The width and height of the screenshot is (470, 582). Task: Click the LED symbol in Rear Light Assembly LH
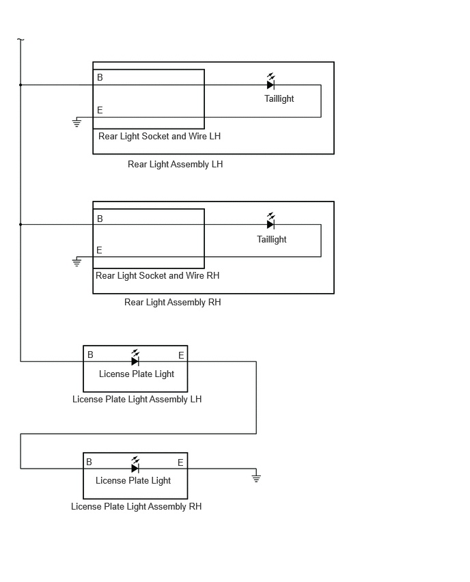271,82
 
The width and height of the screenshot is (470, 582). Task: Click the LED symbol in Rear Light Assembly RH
271,221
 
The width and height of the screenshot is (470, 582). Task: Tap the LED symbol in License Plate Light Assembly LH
135,358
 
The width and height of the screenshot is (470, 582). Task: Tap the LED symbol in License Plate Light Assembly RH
135,465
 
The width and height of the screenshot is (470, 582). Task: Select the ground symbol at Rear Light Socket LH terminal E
77,122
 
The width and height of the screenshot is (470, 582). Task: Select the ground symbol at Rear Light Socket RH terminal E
77,262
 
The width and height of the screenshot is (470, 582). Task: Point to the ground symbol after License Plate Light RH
256,477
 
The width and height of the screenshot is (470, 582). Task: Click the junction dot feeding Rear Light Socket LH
20,85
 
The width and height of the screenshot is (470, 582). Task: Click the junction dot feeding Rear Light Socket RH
20,225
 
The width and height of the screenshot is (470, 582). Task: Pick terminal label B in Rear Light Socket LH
100,77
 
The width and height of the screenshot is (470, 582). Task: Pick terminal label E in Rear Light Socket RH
99,250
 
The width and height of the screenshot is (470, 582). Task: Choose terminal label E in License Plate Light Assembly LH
181,355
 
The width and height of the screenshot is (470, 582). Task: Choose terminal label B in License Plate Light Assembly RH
89,462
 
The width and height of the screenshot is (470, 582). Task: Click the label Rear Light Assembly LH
176,164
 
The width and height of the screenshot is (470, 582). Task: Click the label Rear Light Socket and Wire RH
157,275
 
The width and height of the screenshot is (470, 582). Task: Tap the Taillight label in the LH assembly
279,99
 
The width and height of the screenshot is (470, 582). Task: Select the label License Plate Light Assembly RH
136,507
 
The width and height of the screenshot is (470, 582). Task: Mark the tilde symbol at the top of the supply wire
20,39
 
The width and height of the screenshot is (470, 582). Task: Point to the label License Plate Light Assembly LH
137,400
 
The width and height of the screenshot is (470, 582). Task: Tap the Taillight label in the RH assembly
272,239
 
